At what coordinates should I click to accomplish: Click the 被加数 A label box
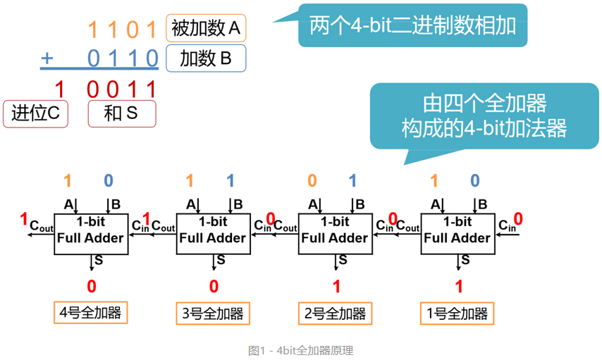click(206, 29)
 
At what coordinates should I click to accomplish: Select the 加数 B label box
click(206, 58)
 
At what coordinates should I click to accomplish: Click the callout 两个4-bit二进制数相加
click(412, 26)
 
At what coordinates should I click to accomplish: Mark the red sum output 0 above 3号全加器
click(214, 286)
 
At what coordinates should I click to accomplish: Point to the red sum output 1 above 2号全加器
click(336, 286)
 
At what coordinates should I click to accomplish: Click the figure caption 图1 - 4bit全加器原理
click(300, 350)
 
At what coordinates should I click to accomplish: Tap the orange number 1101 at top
click(122, 30)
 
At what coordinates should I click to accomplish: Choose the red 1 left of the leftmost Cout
click(25, 218)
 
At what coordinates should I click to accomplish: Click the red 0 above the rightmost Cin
click(518, 218)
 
